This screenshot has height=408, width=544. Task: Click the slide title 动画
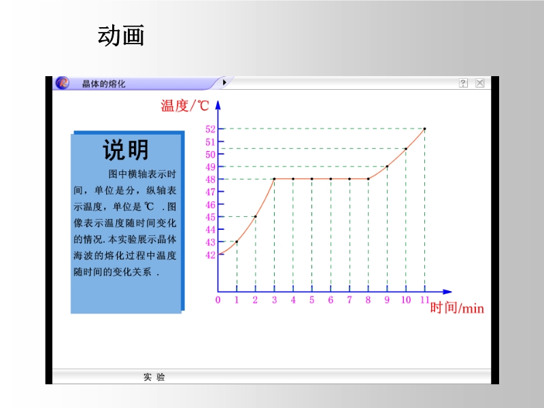point(121,35)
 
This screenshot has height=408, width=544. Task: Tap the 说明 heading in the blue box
point(126,150)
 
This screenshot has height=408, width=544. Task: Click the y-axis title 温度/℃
point(184,105)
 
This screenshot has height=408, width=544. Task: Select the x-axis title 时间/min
point(457,308)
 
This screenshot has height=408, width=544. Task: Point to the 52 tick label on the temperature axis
point(210,129)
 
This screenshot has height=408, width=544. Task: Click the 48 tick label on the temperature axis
point(210,180)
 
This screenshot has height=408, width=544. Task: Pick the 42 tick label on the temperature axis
point(210,255)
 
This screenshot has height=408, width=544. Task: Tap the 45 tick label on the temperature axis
point(210,217)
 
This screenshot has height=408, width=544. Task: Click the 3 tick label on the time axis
point(275,300)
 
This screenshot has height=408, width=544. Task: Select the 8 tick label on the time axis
point(368,300)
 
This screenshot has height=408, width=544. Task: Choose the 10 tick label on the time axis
point(406,300)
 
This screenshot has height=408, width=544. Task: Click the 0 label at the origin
point(218,300)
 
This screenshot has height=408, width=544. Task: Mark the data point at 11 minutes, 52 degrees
point(424,129)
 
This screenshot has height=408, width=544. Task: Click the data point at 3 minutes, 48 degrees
point(274,179)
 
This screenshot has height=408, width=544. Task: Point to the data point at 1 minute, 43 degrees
point(237,241)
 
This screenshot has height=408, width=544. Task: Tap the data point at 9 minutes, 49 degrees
point(387,166)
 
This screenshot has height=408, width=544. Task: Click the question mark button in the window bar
point(463,83)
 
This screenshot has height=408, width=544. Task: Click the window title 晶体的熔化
point(103,84)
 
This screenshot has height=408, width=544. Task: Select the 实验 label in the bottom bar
point(154,377)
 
